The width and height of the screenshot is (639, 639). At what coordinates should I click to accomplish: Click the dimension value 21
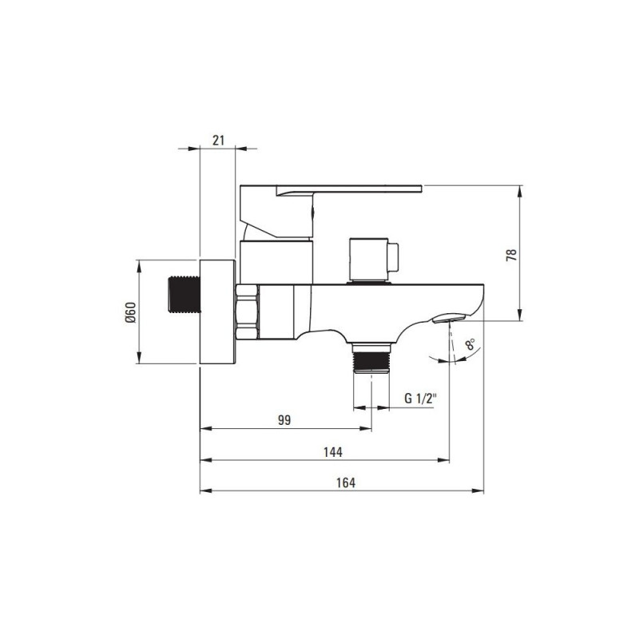[218, 141]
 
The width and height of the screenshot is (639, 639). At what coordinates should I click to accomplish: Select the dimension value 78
[511, 255]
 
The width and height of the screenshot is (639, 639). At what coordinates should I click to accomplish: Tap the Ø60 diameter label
[130, 312]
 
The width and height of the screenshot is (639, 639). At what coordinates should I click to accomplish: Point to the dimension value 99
[284, 420]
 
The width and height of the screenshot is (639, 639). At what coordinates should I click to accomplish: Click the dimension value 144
[333, 452]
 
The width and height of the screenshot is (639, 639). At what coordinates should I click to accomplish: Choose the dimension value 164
[346, 482]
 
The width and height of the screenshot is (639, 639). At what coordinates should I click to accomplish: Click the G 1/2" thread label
[421, 398]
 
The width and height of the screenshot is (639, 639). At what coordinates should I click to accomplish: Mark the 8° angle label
[470, 344]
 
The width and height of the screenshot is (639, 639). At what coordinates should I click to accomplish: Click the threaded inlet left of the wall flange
[185, 295]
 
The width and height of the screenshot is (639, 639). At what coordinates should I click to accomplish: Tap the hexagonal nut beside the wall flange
[247, 312]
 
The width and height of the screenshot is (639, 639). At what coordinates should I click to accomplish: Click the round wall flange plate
[218, 312]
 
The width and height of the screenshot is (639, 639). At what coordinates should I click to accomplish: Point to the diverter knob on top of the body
[374, 261]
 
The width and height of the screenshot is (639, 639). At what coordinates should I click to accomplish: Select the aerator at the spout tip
[449, 317]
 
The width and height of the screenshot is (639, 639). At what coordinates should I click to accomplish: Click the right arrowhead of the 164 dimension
[478, 490]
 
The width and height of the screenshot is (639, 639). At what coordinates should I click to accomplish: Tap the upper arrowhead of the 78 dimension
[520, 192]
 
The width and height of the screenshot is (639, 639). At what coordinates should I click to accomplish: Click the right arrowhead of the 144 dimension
[443, 460]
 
